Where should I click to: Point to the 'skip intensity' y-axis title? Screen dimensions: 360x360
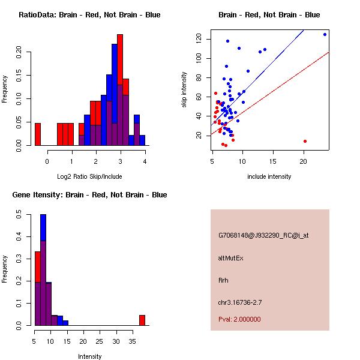pos(184,90)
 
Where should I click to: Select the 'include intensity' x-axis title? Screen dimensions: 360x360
pos(269,176)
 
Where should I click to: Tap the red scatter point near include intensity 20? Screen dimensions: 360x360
pos(305,141)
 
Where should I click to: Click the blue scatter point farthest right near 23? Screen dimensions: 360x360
pos(325,34)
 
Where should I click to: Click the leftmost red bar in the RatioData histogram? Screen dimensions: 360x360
pos(38,134)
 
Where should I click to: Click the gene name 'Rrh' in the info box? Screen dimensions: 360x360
pos(223,280)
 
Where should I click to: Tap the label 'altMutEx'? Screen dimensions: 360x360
pos(231,258)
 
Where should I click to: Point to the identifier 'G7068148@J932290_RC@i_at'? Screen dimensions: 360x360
pos(263,236)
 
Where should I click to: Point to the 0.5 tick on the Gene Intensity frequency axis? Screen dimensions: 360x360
pos(19,212)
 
